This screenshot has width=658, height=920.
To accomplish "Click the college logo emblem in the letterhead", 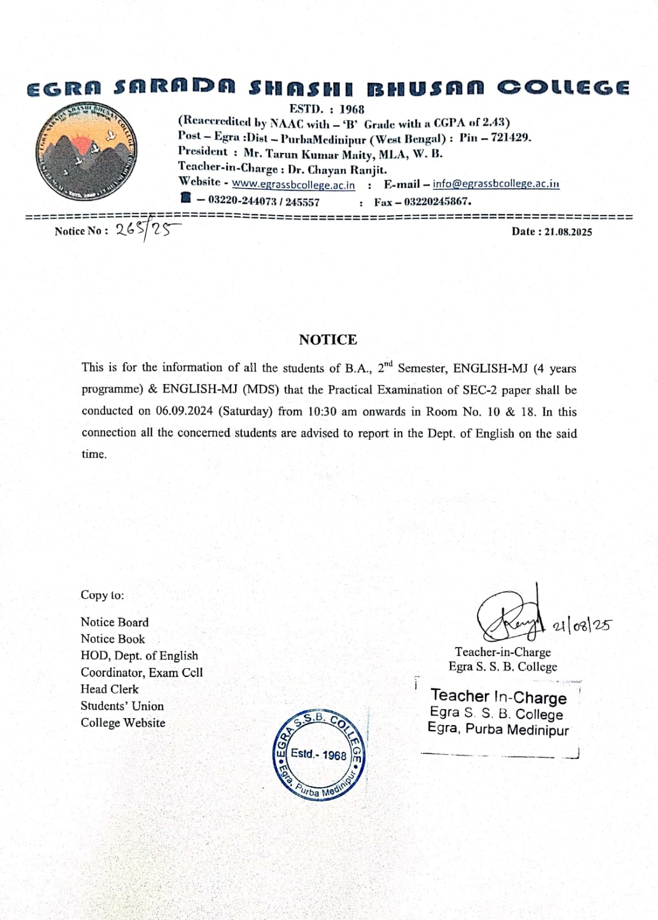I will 86,152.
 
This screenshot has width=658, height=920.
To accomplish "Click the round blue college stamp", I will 318,754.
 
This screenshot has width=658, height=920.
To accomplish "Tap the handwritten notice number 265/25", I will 147,230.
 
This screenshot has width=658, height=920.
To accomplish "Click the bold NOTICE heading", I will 328,340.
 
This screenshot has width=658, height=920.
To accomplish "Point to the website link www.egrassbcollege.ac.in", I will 293,185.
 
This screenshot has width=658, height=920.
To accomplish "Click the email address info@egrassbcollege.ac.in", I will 496,184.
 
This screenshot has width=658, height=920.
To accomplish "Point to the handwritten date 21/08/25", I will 582,626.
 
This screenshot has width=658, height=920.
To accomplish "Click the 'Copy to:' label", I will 102,595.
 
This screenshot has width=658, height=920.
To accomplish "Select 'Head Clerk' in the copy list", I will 110,689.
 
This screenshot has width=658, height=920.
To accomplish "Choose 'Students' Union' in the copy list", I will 122,706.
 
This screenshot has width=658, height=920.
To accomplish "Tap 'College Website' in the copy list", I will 123,723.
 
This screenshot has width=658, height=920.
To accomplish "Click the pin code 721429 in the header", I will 510,138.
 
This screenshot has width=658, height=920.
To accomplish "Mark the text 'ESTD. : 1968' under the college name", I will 327,109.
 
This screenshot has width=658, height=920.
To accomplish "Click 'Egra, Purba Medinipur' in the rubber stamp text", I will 498,730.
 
